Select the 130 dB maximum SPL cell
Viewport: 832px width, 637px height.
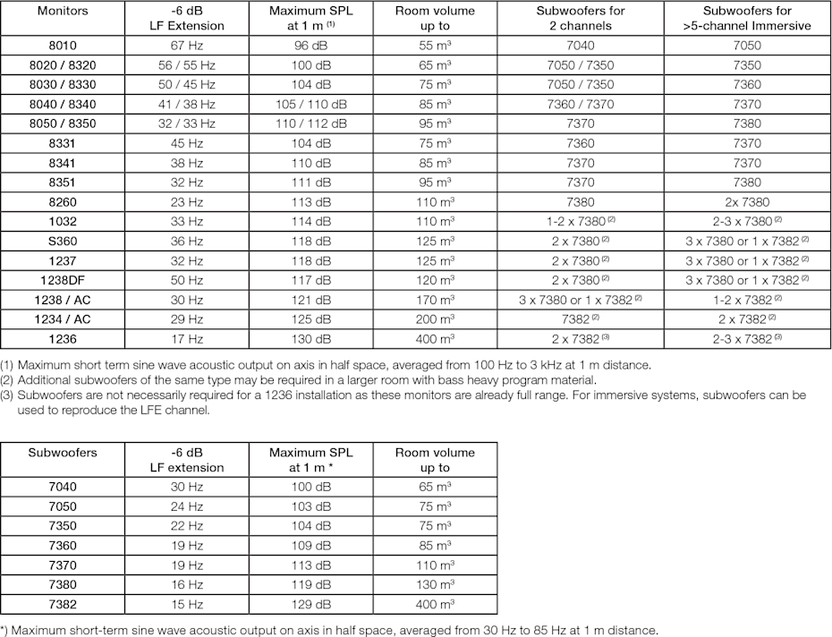pos(310,340)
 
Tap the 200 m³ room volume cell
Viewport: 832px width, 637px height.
pos(435,319)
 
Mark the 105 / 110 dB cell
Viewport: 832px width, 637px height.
pos(310,105)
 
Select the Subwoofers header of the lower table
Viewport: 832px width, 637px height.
pos(62,453)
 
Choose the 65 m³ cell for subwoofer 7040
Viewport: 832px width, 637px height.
pos(435,487)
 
